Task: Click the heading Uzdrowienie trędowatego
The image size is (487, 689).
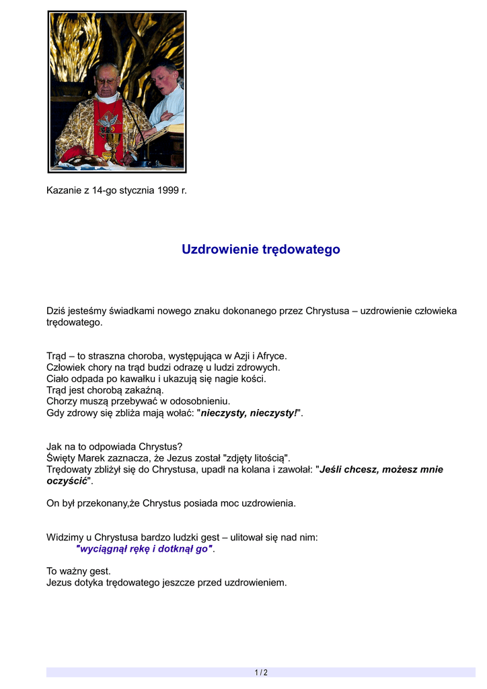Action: tap(260, 250)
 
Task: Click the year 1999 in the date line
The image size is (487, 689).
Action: tap(168, 190)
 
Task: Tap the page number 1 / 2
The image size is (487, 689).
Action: tap(261, 672)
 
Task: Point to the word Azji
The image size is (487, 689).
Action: tap(239, 356)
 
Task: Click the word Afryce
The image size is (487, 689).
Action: tap(271, 356)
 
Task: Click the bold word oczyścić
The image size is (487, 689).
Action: tap(67, 481)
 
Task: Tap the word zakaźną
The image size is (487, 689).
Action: tap(145, 390)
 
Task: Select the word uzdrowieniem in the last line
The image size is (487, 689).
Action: tap(256, 583)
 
